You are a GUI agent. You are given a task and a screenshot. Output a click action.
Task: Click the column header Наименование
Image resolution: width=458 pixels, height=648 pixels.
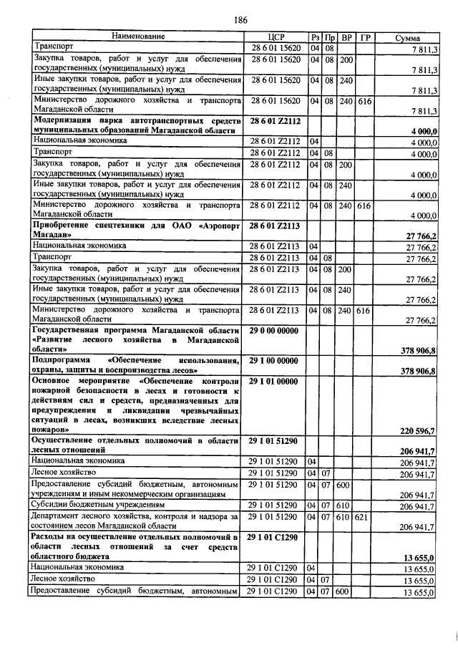pos(137,37)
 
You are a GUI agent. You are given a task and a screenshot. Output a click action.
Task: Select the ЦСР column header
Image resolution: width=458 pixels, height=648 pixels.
pos(276,37)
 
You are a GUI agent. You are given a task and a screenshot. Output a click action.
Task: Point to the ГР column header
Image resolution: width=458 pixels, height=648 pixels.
pos(365,37)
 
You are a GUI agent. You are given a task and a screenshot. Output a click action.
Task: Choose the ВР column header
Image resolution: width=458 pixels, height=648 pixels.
pos(346,37)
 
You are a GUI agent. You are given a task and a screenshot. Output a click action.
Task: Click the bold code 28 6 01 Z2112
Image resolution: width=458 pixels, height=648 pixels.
pos(276,121)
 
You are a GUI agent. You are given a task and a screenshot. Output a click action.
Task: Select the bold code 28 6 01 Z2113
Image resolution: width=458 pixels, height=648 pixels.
pos(276,226)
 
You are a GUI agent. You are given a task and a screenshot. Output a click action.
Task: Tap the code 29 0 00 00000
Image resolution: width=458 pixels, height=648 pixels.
pos(276,331)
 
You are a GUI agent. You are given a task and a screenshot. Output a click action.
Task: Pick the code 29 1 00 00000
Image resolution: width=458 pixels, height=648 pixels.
pos(276,361)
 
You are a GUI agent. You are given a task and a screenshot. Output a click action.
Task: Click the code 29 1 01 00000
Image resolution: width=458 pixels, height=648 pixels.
pos(276,382)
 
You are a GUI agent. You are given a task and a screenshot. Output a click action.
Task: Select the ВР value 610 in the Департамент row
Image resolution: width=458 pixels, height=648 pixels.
pos(346,516)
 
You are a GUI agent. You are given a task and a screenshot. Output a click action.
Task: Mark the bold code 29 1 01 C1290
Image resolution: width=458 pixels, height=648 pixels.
pos(276,537)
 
